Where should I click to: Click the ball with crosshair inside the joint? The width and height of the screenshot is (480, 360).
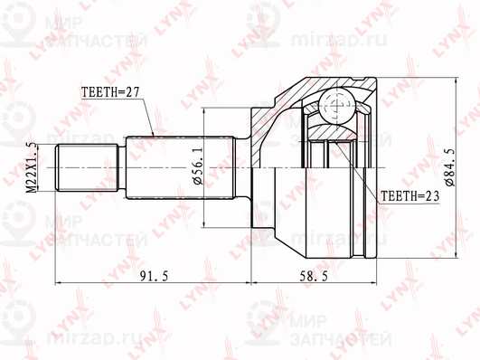(x=334, y=106)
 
